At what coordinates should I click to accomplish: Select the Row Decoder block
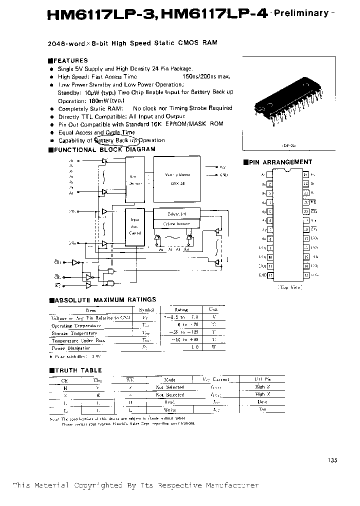136,179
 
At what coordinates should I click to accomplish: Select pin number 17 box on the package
306,239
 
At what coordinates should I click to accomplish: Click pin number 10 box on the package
270,257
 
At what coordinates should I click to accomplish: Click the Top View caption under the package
288,288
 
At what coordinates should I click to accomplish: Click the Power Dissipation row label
72,347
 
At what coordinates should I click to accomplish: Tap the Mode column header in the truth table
169,379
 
